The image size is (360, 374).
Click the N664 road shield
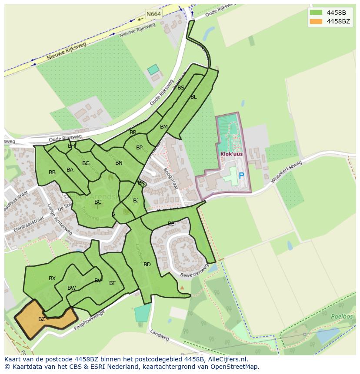click(153, 14)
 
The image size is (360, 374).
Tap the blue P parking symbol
click(241, 176)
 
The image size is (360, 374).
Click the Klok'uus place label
click(231, 154)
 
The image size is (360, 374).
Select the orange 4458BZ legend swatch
click(316, 22)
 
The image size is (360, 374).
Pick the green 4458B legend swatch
click(316, 13)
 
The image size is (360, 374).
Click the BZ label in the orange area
click(42, 319)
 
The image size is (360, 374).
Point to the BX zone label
click(52, 278)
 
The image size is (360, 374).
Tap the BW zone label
click(71, 288)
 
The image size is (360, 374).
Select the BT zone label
click(112, 283)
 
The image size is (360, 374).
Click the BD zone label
click(147, 265)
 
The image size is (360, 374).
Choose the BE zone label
click(171, 224)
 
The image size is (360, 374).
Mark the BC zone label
click(98, 202)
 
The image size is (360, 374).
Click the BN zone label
click(119, 163)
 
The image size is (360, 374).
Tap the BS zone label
click(181, 88)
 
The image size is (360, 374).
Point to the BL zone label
click(193, 97)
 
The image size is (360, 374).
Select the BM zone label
click(163, 127)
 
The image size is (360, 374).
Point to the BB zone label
click(52, 172)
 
